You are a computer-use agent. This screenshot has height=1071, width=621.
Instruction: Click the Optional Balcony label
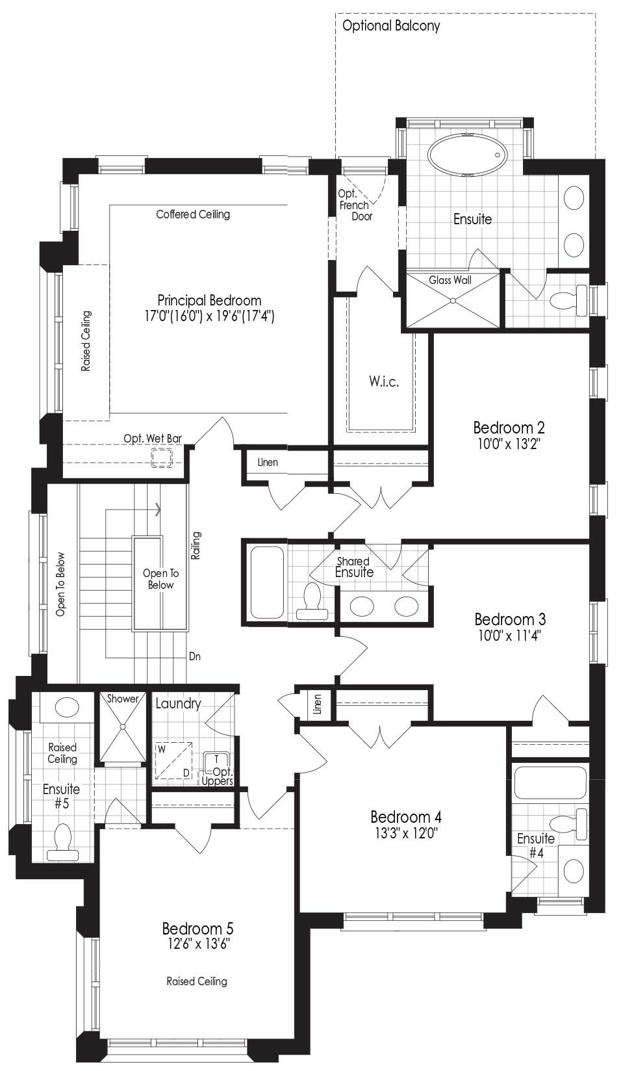391,25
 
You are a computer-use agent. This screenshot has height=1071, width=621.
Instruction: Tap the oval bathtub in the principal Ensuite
466,155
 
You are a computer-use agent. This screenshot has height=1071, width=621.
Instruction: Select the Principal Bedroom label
209,300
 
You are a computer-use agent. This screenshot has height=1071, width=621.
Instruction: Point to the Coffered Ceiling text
193,214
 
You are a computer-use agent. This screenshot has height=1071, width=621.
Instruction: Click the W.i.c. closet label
384,381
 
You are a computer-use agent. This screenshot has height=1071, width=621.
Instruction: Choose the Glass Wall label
450,279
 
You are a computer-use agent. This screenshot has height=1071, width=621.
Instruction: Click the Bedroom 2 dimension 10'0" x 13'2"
509,444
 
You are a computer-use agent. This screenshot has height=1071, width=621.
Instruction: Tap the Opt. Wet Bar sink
162,458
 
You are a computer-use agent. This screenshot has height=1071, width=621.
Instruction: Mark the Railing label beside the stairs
196,545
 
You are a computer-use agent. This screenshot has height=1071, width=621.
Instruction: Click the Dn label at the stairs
195,656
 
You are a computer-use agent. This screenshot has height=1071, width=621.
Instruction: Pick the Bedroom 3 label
510,619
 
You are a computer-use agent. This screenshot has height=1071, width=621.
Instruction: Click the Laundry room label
178,703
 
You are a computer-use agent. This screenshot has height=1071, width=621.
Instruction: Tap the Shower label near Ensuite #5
122,699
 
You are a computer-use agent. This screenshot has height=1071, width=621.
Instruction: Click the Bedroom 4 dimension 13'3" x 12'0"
406,833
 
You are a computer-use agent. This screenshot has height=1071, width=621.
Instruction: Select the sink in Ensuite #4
574,871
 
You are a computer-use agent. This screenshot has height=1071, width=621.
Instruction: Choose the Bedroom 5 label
197,929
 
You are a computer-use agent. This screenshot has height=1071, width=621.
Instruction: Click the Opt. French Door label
354,205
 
